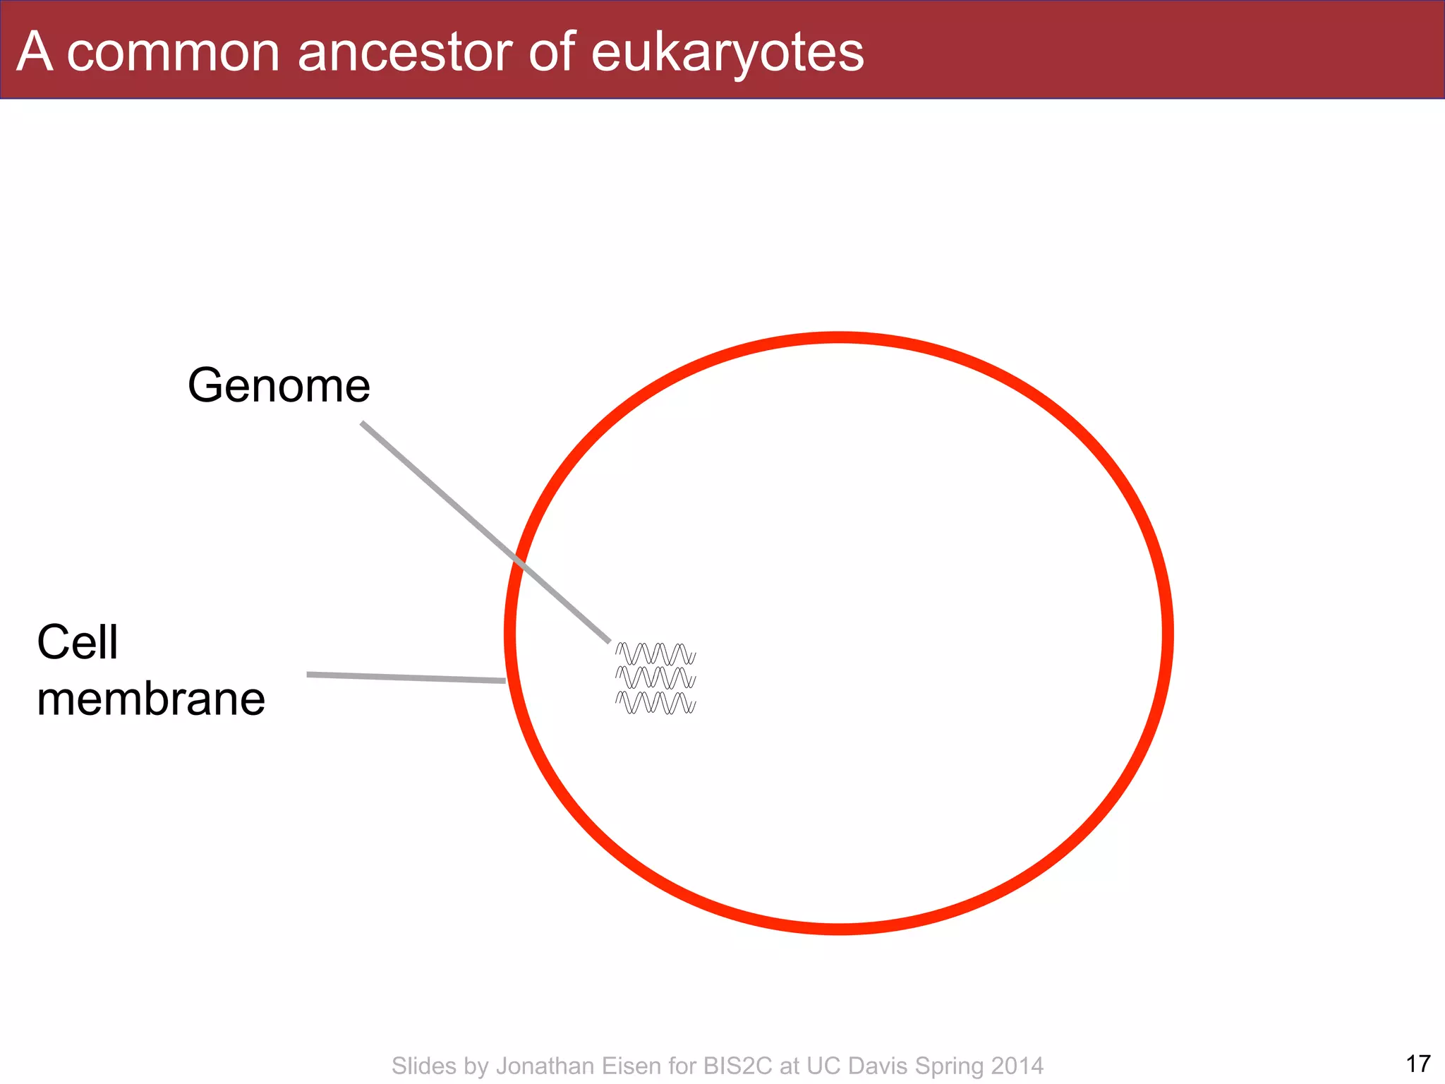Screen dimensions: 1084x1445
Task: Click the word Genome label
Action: click(x=279, y=386)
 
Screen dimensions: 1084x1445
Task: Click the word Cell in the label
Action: click(x=77, y=643)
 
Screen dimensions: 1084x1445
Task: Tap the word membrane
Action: click(x=151, y=699)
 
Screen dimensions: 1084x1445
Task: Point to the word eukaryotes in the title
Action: click(x=727, y=54)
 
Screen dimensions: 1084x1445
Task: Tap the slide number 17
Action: click(x=1417, y=1064)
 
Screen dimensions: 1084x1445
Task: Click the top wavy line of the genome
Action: click(x=655, y=654)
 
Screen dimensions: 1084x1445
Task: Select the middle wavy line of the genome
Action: click(x=655, y=677)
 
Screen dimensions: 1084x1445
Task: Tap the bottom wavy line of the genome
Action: click(x=655, y=703)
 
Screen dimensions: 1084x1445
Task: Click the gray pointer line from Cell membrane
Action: click(x=406, y=677)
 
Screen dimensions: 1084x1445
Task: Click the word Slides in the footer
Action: click(x=423, y=1066)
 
